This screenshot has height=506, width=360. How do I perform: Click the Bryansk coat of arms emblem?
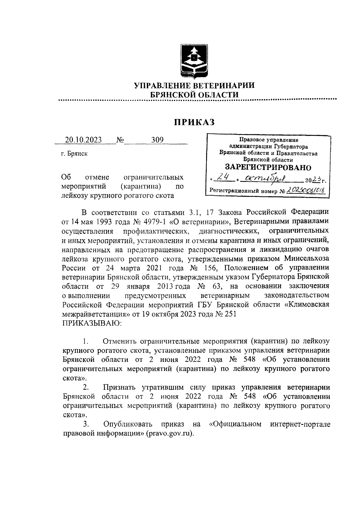[195, 60]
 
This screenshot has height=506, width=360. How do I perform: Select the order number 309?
[157, 140]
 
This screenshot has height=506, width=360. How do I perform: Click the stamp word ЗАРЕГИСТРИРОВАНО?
[268, 167]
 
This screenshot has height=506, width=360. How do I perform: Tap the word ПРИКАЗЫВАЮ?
[92, 323]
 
